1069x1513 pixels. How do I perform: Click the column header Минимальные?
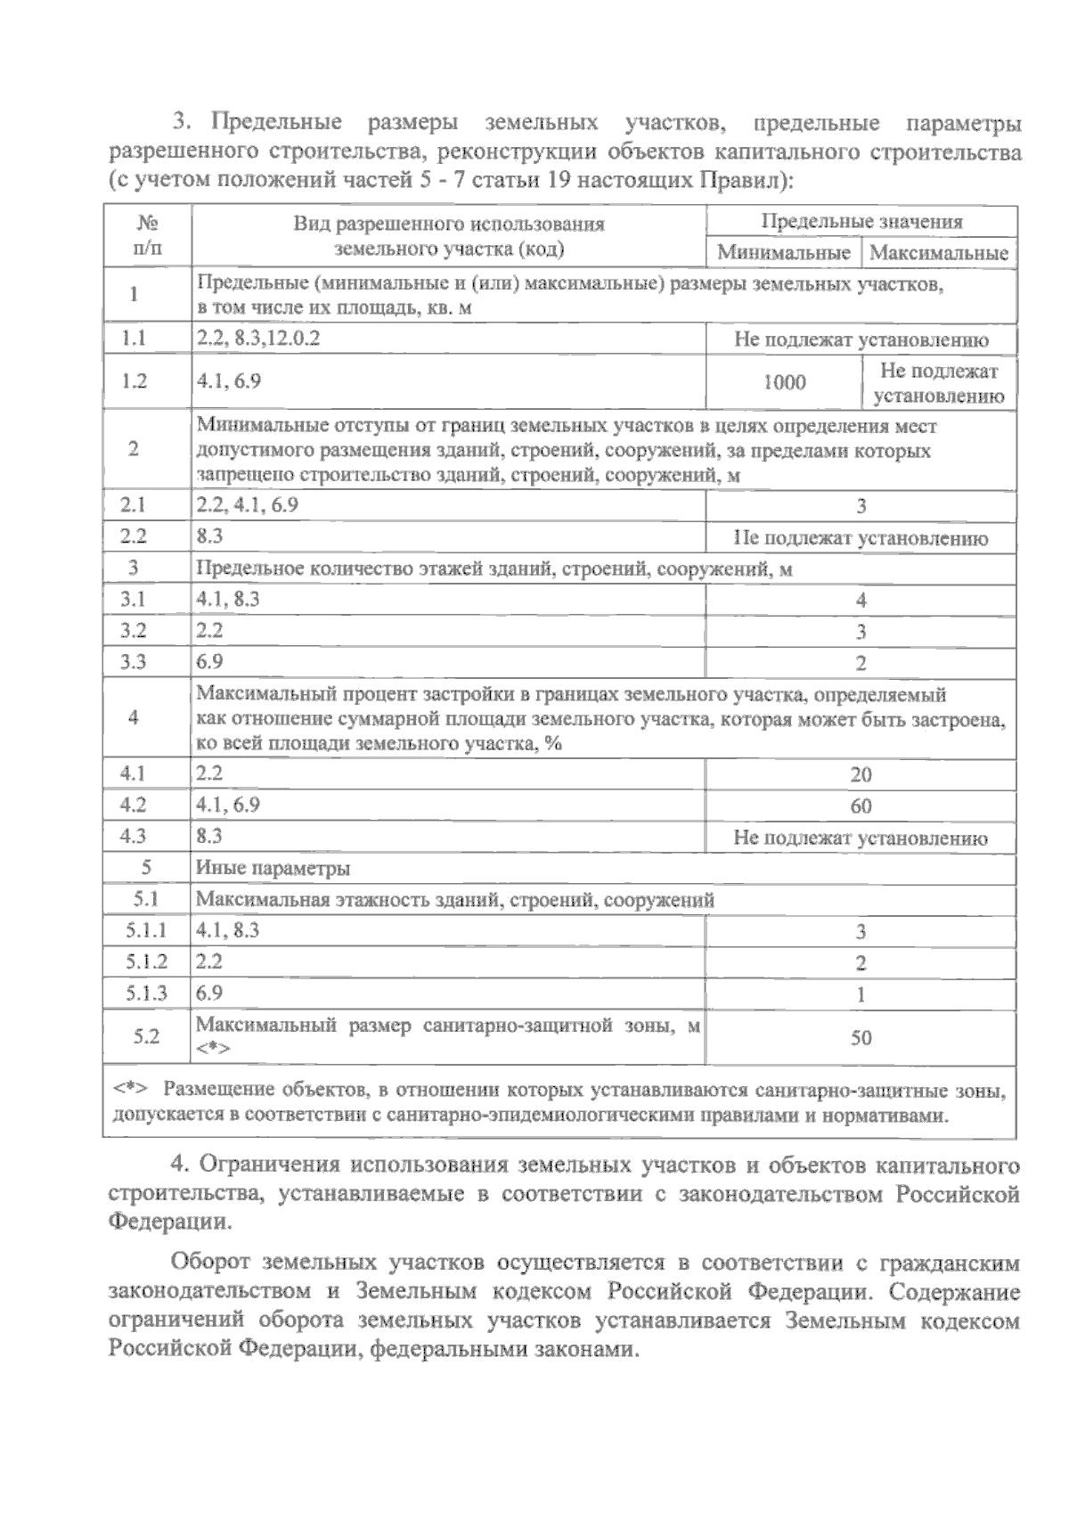click(x=783, y=253)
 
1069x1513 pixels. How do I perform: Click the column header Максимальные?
click(x=939, y=253)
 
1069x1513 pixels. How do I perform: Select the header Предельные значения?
click(x=861, y=222)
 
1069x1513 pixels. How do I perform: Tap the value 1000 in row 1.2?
click(x=784, y=382)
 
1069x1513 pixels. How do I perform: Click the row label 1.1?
click(x=134, y=339)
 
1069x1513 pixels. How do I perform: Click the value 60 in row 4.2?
click(x=861, y=806)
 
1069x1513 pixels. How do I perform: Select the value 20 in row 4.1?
click(x=861, y=775)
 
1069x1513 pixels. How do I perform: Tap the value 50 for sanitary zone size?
click(x=861, y=1038)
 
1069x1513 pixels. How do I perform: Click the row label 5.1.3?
click(x=146, y=994)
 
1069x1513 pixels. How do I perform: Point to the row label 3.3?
click(x=134, y=662)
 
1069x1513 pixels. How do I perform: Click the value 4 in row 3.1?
click(x=861, y=601)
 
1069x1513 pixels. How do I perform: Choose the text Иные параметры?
click(x=273, y=869)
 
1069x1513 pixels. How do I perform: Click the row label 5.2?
click(x=146, y=1036)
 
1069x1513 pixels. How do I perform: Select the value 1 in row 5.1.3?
click(x=861, y=995)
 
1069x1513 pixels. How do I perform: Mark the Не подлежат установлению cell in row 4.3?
click(x=861, y=838)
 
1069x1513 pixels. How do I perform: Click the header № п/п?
click(x=147, y=235)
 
